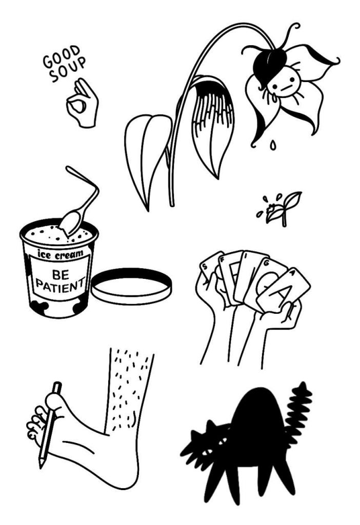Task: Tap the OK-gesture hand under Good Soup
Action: click(82, 103)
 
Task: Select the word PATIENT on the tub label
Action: click(60, 285)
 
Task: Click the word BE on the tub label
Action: click(61, 275)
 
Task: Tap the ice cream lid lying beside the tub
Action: click(131, 286)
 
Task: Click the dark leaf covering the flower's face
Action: click(270, 64)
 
